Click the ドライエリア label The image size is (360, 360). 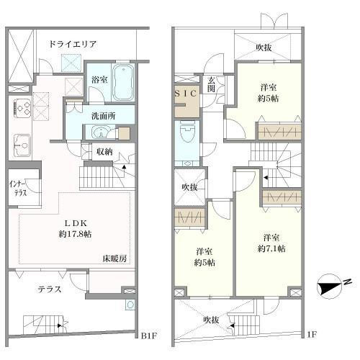73,44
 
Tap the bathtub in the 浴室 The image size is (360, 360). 123,83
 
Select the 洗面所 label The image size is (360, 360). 103,116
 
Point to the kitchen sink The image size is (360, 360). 22,145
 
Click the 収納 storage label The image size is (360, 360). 104,152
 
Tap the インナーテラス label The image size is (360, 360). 18,189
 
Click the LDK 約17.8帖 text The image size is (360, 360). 75,228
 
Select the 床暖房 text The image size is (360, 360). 114,258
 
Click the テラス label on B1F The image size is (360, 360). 50,289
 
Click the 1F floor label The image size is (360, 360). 312,334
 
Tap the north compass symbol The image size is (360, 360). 329,287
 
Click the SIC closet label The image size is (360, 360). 186,94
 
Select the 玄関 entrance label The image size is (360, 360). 211,84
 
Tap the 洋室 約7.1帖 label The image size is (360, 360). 271,243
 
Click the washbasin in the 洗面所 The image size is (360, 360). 102,132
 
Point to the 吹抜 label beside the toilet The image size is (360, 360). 189,187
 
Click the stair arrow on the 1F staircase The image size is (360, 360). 266,178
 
